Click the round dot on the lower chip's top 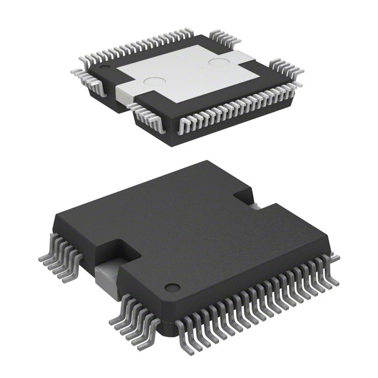(x=172, y=288)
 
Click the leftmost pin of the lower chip (x=43, y=258)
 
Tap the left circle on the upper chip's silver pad (x=155, y=83)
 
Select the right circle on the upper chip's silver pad (x=219, y=61)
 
